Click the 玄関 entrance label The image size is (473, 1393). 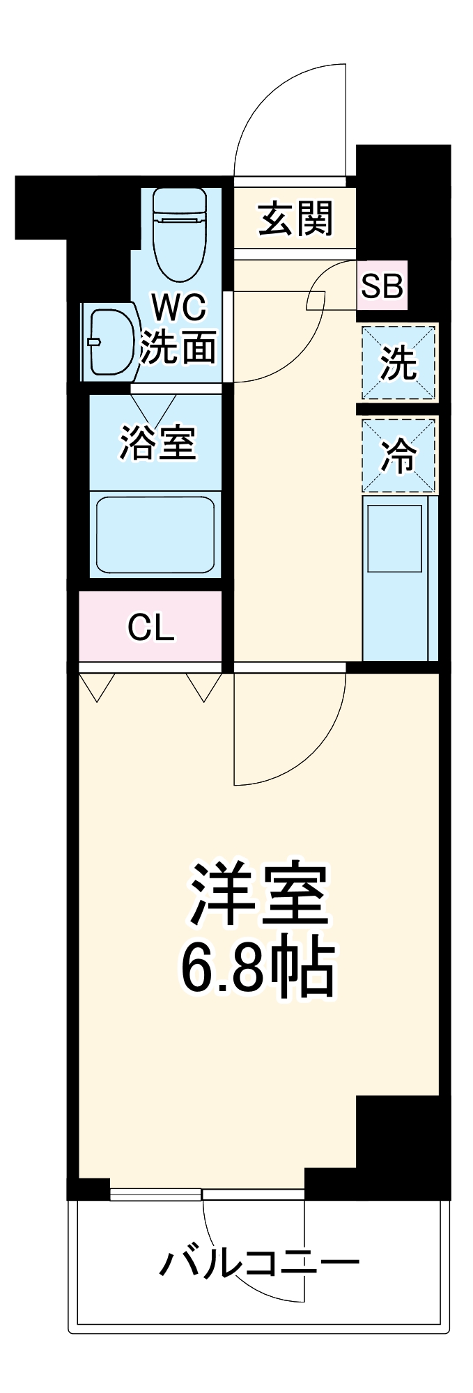295,219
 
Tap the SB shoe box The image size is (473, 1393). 382,286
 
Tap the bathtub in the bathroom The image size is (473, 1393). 155,534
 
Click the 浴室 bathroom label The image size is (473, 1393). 157,442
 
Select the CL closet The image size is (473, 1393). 150,628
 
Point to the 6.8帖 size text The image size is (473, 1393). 258,970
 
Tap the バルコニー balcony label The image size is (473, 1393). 259,1263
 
